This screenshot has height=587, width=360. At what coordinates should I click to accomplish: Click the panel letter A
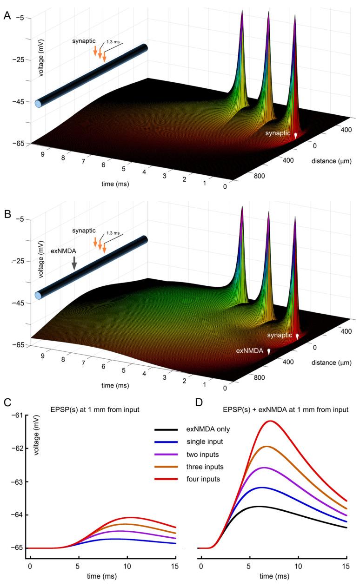click(7, 15)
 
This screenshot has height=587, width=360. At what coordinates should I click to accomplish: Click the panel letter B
click(7, 215)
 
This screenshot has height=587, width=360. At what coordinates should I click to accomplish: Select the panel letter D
click(199, 402)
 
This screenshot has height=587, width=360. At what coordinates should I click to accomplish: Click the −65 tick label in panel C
click(16, 548)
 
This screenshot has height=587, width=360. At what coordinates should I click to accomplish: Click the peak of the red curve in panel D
click(270, 421)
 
